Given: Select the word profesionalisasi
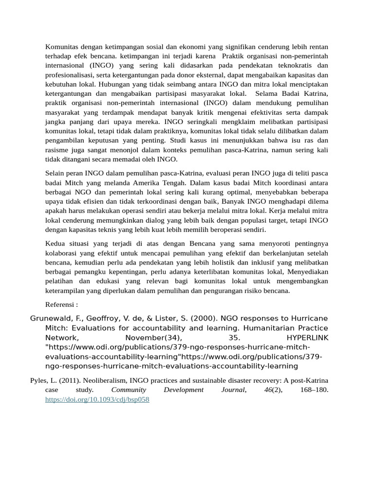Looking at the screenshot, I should (69, 75).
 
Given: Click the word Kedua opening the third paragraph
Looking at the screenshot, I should (55, 244).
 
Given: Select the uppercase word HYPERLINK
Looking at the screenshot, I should (307, 338).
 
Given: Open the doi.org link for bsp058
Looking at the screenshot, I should (97, 399).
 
